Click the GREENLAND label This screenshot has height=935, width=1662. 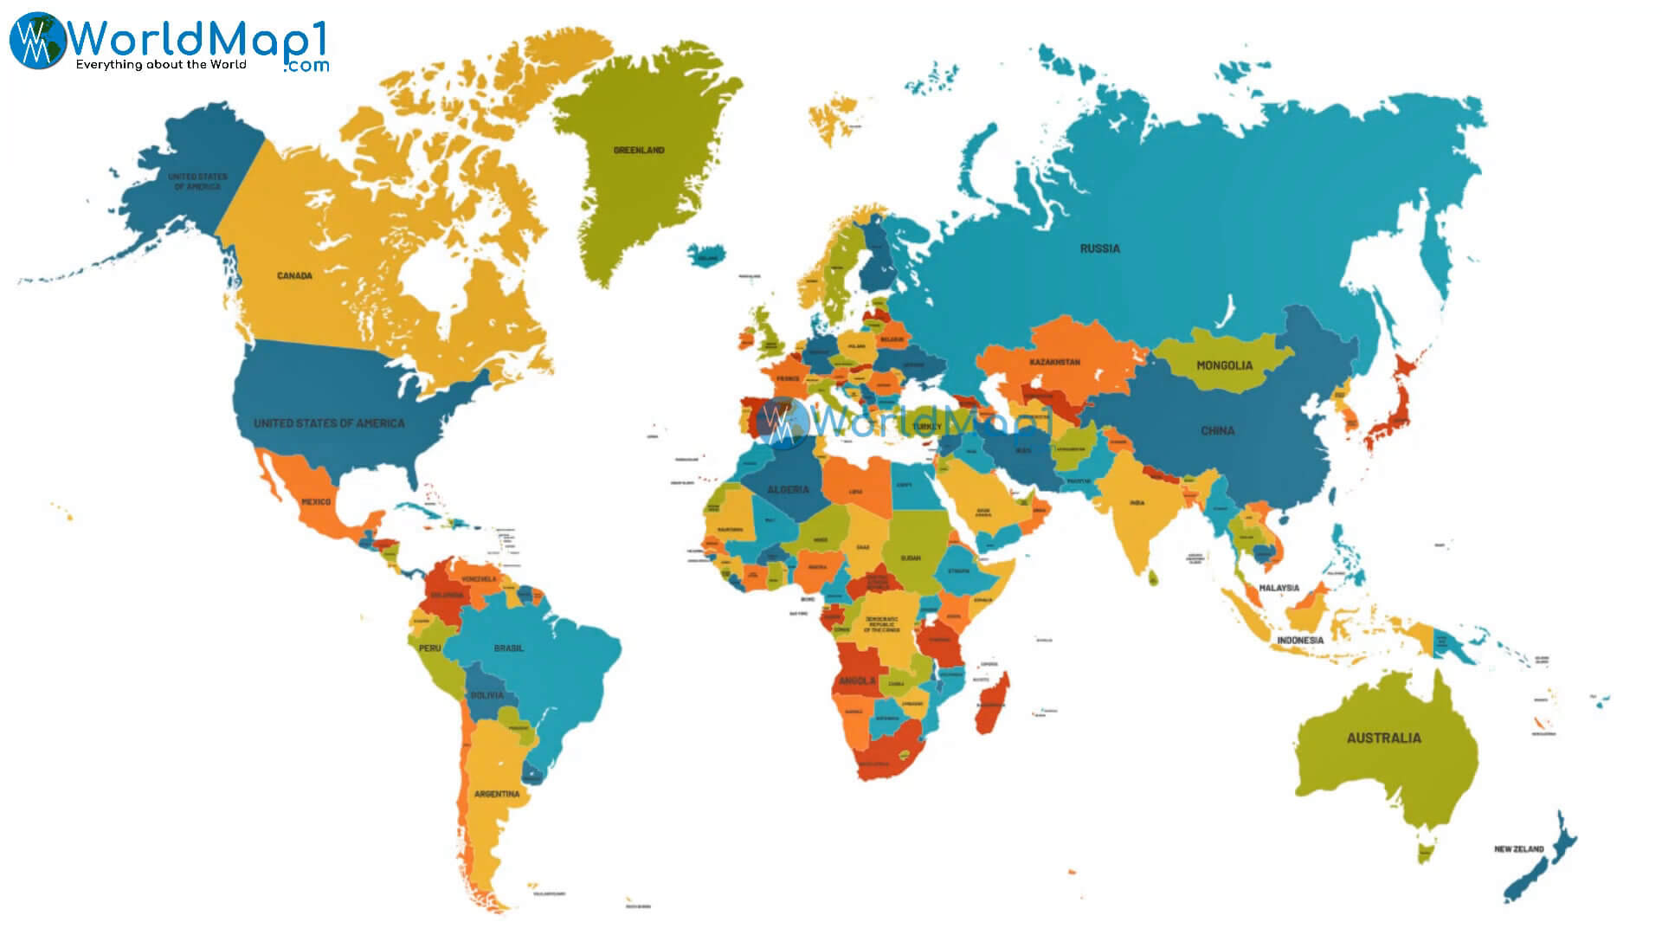pos(639,151)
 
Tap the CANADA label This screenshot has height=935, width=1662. pos(294,276)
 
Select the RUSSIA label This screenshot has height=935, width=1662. pos(1099,248)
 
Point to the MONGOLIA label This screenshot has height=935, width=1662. pos(1224,365)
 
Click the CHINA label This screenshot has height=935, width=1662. pos(1217,430)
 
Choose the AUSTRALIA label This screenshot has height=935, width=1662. pos(1383,738)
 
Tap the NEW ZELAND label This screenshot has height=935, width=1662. pos(1518,849)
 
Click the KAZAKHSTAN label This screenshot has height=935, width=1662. pos(1054,362)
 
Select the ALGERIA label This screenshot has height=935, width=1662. pos(788,490)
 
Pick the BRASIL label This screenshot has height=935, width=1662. pos(508,648)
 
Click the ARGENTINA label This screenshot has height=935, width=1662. pos(497,794)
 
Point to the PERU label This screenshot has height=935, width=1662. pos(429,648)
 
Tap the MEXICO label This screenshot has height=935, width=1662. pos(316,502)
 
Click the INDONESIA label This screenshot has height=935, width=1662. pos(1299,641)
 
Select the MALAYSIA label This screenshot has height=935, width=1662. pos(1279,588)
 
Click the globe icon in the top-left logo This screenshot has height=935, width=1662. pos(36,40)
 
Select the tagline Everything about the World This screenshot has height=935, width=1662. pos(161,65)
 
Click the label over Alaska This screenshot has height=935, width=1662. pos(197,182)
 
